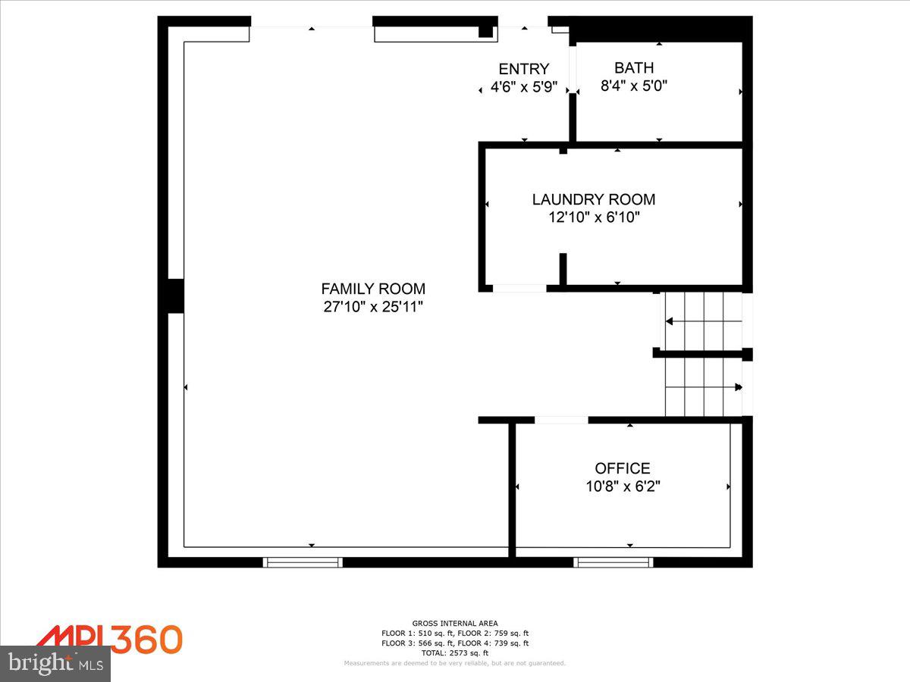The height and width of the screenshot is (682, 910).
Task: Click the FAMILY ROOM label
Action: coord(373,289)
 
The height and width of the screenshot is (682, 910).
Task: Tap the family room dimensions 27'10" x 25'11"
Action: coord(373,307)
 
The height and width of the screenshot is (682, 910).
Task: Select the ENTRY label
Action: coord(523,69)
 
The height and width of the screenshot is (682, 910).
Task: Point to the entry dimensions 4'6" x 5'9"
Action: coord(523,87)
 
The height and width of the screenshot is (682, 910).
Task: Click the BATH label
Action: coord(634,68)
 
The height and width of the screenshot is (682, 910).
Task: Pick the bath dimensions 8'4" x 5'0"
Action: coord(634,86)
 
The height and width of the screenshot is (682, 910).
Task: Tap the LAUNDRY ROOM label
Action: coord(594,199)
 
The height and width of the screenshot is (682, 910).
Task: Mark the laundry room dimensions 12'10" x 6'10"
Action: coord(594,218)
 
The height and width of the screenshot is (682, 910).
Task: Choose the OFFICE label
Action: coord(623,468)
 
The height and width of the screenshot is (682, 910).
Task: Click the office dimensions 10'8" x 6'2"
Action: coord(623,486)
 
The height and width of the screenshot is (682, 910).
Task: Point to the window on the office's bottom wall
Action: coord(613,562)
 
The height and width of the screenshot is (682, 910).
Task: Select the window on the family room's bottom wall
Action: coord(303,562)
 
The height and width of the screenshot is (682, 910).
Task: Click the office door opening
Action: coord(561,420)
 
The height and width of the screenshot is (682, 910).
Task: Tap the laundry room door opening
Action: coord(519,288)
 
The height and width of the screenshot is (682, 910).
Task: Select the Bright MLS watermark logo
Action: coord(55,664)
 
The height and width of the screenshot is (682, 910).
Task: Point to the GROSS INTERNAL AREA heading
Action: coord(455,623)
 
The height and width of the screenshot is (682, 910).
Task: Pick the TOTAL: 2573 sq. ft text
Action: coord(455,652)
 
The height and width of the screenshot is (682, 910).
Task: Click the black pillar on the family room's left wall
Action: coord(175,296)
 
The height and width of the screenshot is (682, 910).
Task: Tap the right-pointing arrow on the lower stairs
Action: coord(738,387)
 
